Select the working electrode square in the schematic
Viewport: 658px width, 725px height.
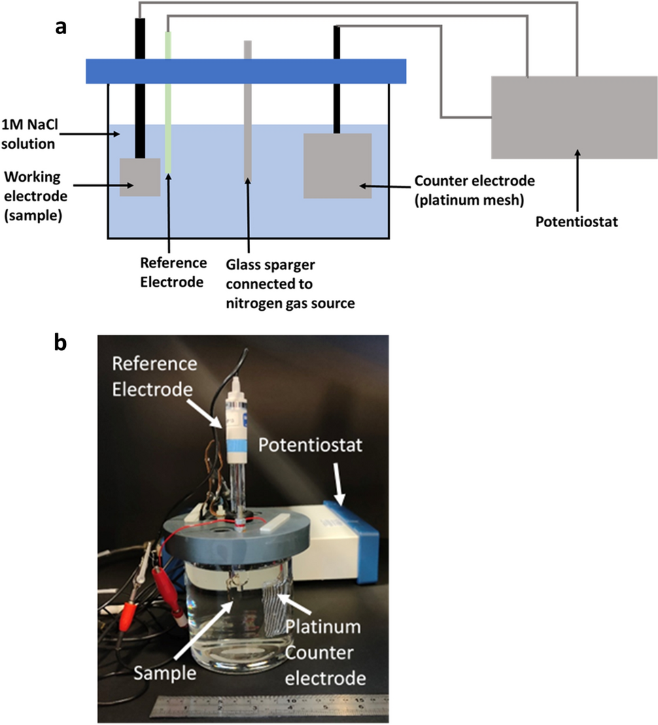click(140, 178)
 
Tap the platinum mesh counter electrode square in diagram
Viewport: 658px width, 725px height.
click(337, 166)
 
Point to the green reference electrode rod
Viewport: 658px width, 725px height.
click(168, 102)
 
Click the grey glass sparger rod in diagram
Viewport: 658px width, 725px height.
click(248, 109)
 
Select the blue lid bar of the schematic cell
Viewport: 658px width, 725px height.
click(245, 71)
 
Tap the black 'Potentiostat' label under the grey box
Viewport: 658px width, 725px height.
click(576, 221)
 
